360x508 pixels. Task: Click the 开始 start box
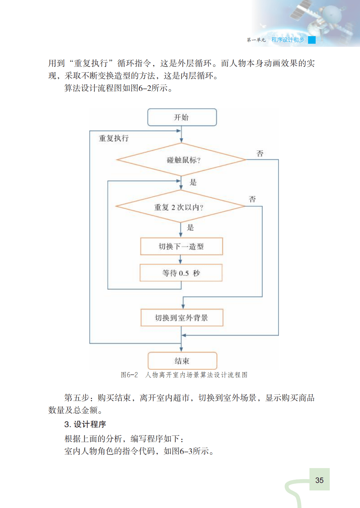182,117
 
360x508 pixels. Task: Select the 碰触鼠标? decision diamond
182,160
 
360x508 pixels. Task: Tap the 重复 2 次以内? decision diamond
181,207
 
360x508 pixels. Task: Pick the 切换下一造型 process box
182,246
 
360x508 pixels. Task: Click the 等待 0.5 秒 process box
181,273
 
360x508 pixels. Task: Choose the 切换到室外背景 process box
182,318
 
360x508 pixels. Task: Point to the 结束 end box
182,361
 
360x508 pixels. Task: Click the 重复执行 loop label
114,138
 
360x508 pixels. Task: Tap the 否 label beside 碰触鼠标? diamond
260,154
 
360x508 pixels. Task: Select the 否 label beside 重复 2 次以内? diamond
252,199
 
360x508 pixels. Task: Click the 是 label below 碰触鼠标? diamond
193,182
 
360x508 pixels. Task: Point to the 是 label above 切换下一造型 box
190,227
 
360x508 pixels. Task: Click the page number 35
319,480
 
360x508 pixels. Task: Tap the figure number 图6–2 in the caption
129,375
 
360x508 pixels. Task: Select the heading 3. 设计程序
85,424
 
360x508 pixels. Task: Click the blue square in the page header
312,40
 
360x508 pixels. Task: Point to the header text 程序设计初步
288,40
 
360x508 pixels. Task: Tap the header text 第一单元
256,40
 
